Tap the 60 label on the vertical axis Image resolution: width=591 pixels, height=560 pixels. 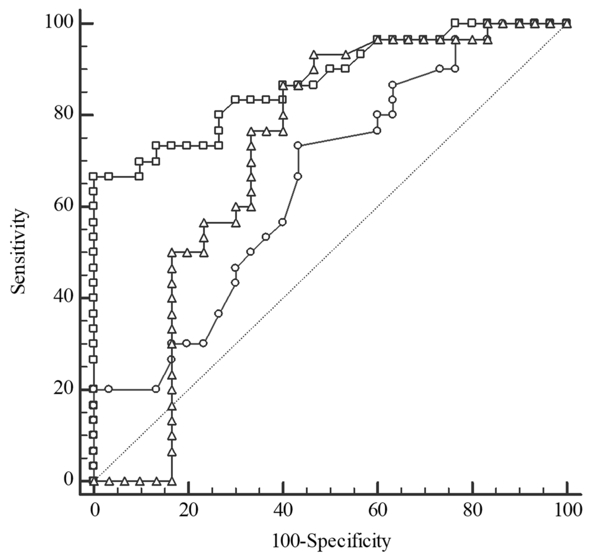click(64, 206)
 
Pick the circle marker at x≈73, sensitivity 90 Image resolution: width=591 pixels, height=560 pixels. click(439, 69)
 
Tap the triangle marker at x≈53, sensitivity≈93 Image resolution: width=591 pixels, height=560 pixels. click(346, 55)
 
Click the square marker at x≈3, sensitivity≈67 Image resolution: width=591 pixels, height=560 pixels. click(109, 176)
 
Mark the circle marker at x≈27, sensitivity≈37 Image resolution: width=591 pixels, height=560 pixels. click(219, 313)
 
